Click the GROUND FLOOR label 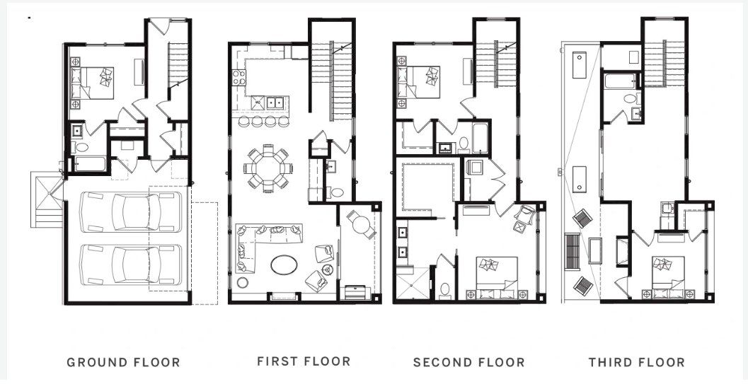123,363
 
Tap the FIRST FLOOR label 304,361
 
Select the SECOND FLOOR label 469,363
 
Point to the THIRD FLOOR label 637,363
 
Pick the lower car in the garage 128,264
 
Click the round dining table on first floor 268,168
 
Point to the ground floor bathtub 88,164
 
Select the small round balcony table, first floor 360,226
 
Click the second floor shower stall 411,284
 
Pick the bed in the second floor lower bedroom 495,276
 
